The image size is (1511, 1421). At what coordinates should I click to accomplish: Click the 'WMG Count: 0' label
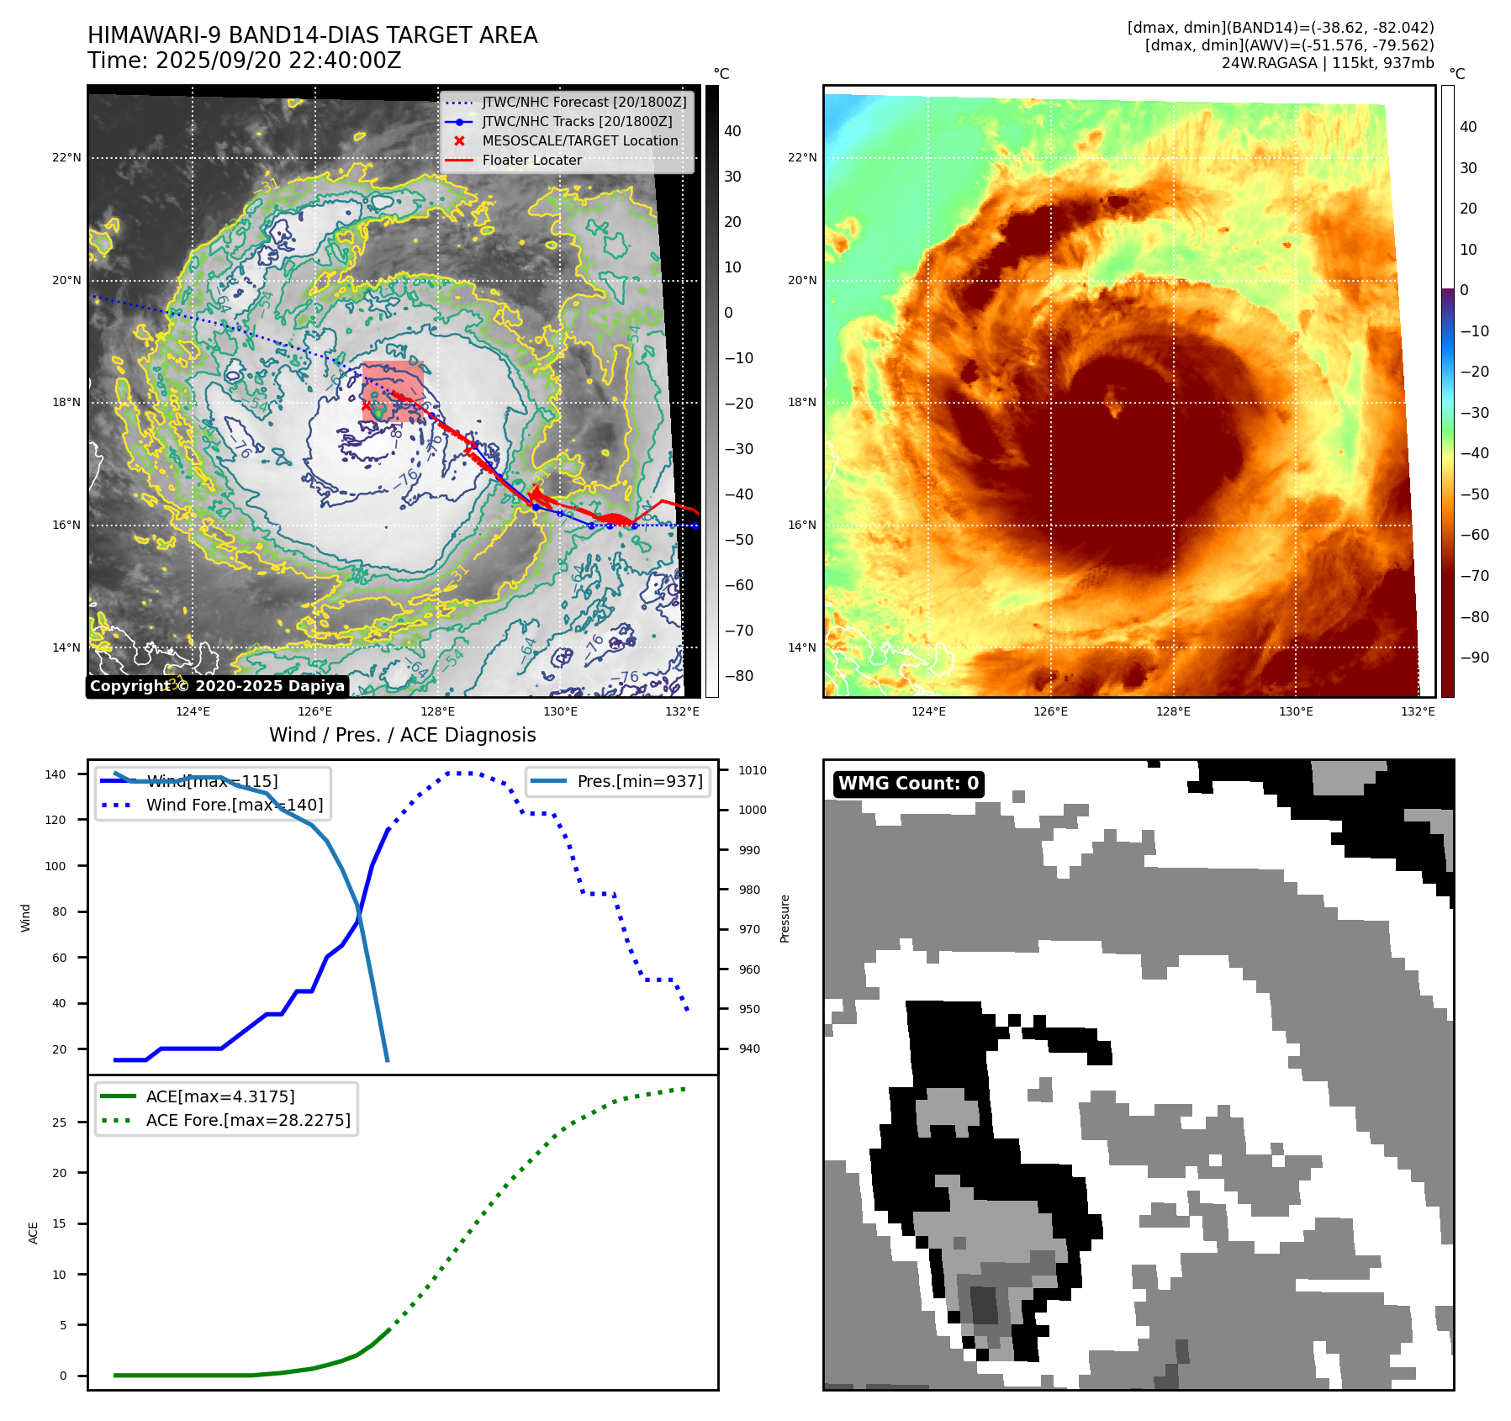[908, 784]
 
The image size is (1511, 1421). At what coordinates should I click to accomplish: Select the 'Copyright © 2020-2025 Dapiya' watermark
[217, 686]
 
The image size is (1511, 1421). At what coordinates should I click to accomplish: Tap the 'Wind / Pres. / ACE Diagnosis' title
[402, 735]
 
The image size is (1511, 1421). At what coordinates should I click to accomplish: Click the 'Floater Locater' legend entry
[531, 160]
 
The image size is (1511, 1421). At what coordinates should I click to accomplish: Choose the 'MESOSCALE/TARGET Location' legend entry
[579, 140]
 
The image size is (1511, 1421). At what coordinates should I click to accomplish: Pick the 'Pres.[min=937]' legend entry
[639, 781]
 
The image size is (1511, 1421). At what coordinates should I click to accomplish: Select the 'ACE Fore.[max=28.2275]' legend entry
[248, 1120]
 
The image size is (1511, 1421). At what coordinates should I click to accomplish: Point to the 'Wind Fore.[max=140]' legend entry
[234, 805]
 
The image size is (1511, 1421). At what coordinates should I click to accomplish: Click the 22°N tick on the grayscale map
[67, 158]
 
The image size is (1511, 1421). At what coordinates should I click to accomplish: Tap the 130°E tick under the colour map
[1295, 711]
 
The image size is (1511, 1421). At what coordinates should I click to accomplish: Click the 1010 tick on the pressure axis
[753, 770]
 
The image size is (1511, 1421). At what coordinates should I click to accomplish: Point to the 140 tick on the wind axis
[55, 774]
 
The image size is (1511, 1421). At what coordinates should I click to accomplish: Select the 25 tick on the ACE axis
[59, 1123]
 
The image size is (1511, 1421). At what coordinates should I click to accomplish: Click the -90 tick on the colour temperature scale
[1474, 658]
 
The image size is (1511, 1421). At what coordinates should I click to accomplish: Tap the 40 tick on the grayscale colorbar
[732, 131]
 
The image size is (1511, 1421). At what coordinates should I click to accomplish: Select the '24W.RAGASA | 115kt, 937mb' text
[1327, 63]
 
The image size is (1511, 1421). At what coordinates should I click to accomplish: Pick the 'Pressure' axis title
[785, 918]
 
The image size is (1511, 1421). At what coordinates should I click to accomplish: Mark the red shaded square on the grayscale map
[393, 392]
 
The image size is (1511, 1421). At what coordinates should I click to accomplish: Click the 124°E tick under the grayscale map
[193, 711]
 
